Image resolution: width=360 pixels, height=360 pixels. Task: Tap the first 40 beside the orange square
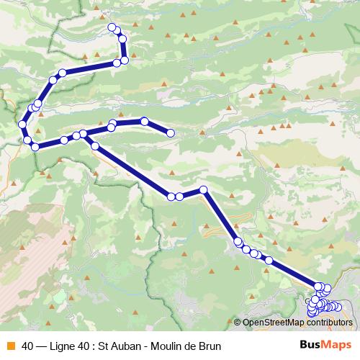pos(28,346)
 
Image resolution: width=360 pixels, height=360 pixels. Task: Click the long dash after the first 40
pos(42,346)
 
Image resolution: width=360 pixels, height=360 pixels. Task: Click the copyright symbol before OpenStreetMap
pos(238,323)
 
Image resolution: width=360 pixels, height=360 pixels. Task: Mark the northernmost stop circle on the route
pos(112,27)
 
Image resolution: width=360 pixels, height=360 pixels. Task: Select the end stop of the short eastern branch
pos(171,132)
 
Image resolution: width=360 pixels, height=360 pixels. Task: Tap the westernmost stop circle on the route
pos(22,125)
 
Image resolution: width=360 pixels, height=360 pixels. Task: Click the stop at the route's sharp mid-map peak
pos(204,190)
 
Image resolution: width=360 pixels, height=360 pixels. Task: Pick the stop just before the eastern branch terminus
pos(145,121)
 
